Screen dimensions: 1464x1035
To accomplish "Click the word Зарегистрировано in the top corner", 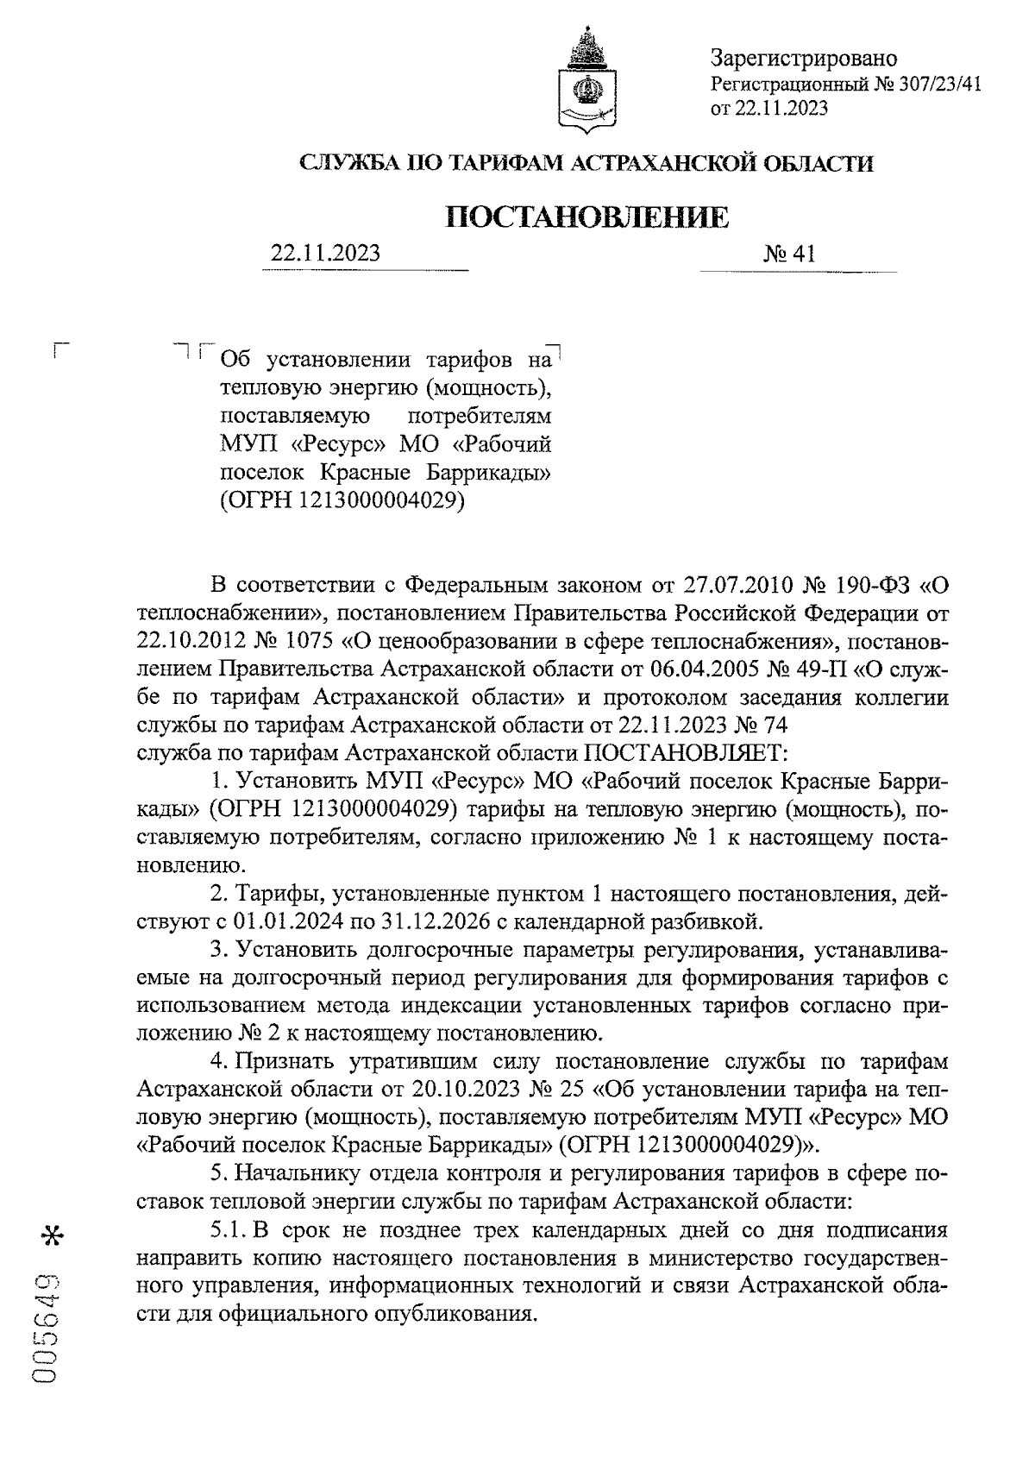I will (803, 59).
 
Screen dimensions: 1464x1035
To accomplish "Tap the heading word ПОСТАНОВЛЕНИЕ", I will (586, 217).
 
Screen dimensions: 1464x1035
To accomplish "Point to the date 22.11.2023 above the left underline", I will (325, 254).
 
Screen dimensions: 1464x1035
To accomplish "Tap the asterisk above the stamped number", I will (52, 1235).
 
